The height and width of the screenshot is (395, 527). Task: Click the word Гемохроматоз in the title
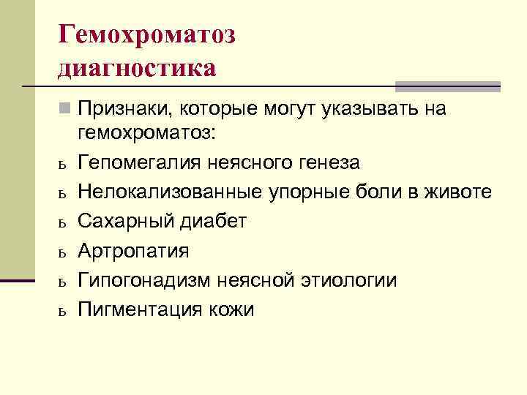click(146, 35)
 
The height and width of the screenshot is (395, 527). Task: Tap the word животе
click(461, 192)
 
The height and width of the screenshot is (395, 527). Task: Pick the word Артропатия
click(134, 251)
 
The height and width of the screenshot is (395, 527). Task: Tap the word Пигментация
click(133, 309)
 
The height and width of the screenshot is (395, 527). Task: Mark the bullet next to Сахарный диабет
click(64, 222)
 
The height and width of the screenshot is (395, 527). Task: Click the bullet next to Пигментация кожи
click(64, 311)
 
